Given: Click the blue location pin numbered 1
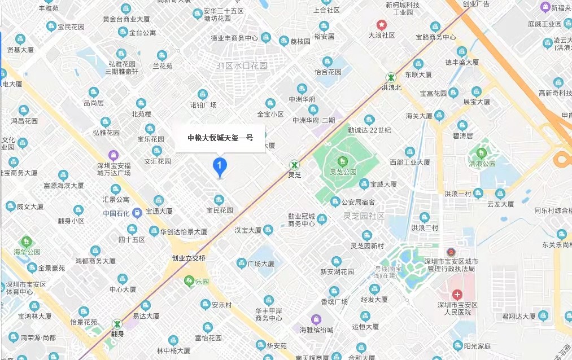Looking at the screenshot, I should coord(219,166).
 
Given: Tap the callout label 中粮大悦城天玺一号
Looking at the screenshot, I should coord(220,137).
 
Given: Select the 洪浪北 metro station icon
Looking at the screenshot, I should coord(391,77).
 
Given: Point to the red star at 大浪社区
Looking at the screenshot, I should coord(382,25).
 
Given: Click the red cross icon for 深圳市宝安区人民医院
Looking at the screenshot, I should coord(457,295).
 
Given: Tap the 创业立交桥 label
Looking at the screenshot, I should coord(189,258).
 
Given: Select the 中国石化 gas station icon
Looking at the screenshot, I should coord(137,213).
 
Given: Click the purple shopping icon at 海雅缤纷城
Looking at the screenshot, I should coord(314,320).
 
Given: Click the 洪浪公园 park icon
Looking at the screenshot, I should coord(481,152).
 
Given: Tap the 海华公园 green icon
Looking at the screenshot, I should coord(25,242).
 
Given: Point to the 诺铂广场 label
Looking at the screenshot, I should coord(203,105).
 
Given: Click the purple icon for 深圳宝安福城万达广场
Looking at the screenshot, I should coord(113,154).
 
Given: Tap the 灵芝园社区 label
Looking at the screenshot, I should coord(364,216).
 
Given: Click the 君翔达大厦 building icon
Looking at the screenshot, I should coord(543,315).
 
